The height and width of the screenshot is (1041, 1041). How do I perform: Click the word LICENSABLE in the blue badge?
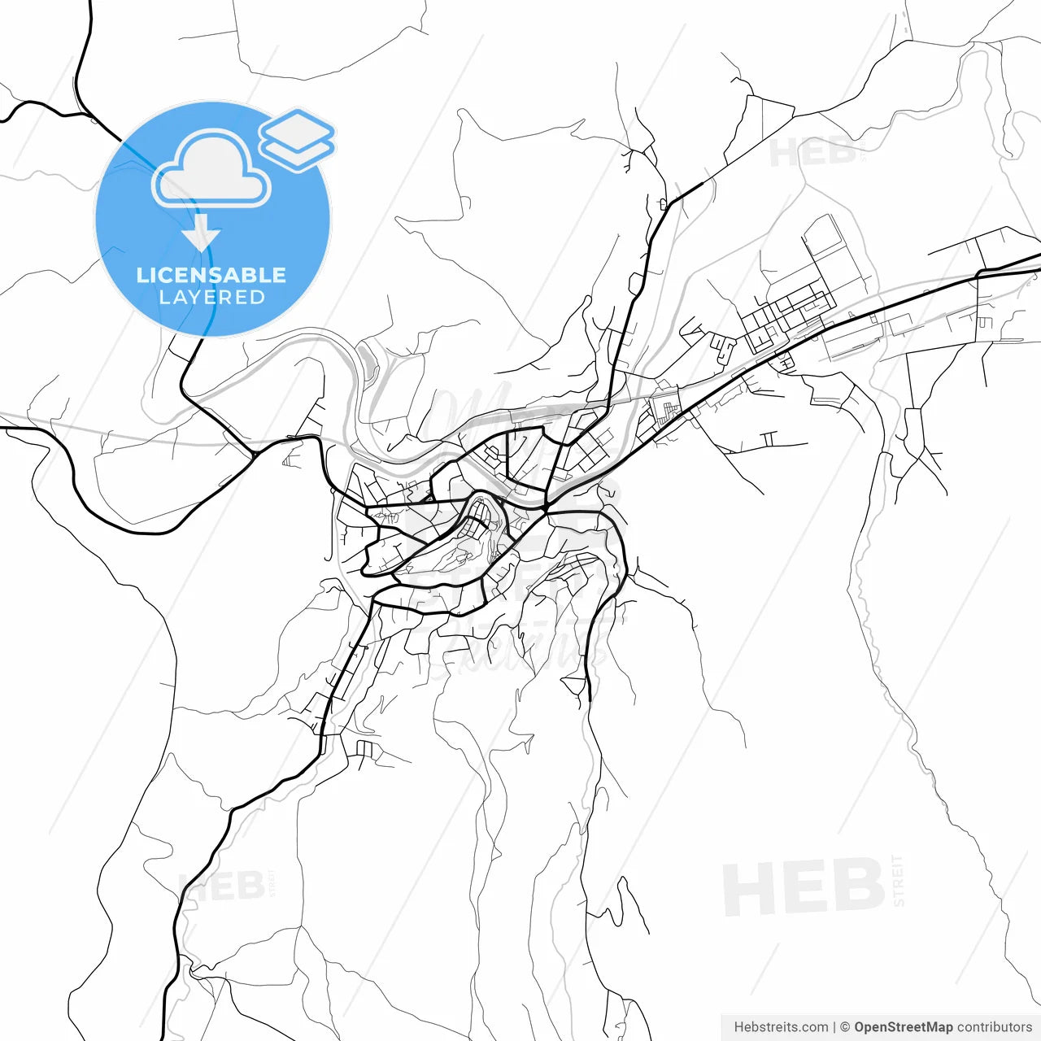pyautogui.click(x=211, y=275)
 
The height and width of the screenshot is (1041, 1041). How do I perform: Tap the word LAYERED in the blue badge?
pyautogui.click(x=211, y=298)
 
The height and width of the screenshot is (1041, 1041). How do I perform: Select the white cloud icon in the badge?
pyautogui.click(x=211, y=169)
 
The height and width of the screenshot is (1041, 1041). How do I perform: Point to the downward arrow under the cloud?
pyautogui.click(x=201, y=236)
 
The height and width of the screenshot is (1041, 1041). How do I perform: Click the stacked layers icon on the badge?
pyautogui.click(x=297, y=139)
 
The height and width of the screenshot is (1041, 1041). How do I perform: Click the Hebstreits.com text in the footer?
pyautogui.click(x=781, y=1027)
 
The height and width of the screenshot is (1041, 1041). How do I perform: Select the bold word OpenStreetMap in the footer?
pyautogui.click(x=903, y=1027)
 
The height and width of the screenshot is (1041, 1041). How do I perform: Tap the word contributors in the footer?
pyautogui.click(x=994, y=1027)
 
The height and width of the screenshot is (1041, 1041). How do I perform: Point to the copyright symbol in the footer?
pyautogui.click(x=845, y=1027)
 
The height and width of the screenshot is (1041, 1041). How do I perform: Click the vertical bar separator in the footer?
pyautogui.click(x=834, y=1027)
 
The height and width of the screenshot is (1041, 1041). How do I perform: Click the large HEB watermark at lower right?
pyautogui.click(x=803, y=886)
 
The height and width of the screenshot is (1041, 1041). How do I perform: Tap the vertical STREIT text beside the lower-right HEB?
pyautogui.click(x=898, y=880)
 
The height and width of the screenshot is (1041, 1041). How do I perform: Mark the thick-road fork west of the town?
pyautogui.click(x=254, y=453)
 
